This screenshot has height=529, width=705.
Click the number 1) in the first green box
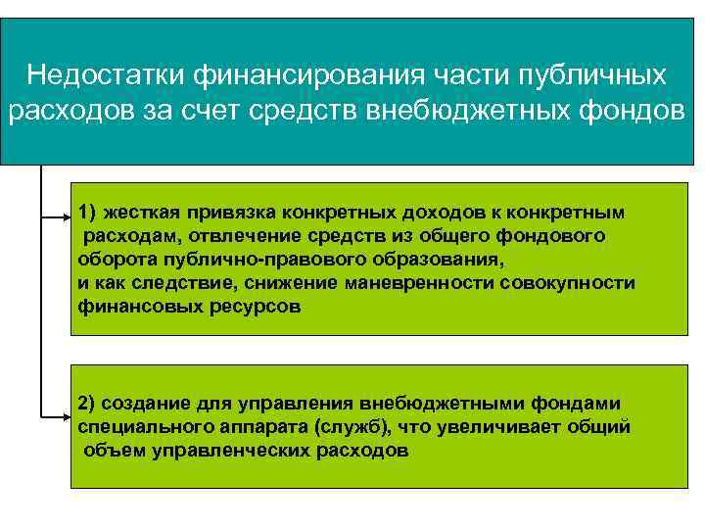pyautogui.click(x=88, y=212)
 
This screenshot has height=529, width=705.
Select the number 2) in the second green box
pyautogui.click(x=88, y=404)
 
